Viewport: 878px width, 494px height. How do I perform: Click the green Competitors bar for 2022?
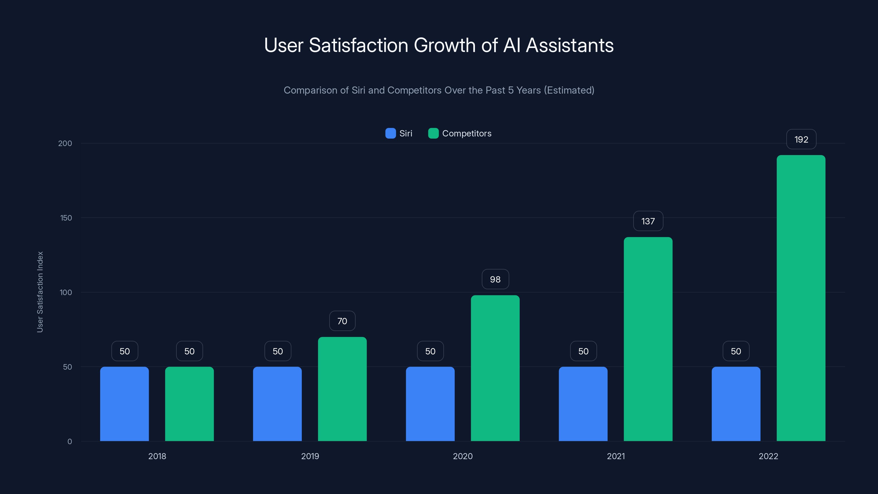[x=801, y=298]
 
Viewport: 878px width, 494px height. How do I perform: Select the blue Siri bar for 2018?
[x=124, y=404]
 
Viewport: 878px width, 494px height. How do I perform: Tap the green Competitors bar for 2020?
[x=495, y=368]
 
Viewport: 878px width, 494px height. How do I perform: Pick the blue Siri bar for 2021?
[x=583, y=404]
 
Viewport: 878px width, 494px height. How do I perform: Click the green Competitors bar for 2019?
[x=342, y=389]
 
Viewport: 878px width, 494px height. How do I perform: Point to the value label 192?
[x=801, y=139]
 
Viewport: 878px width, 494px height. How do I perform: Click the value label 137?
[x=648, y=221]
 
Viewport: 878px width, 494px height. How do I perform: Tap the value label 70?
[x=342, y=321]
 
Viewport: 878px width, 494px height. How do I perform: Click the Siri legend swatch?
[x=390, y=133]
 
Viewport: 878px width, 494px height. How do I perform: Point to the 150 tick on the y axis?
[x=66, y=218]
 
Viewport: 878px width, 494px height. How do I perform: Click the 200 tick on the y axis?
[x=65, y=143]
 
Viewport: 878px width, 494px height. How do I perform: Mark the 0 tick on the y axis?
[x=69, y=442]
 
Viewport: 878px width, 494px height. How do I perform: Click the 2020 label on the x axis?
[x=463, y=456]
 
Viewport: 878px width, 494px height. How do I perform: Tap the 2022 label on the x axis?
[x=768, y=456]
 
